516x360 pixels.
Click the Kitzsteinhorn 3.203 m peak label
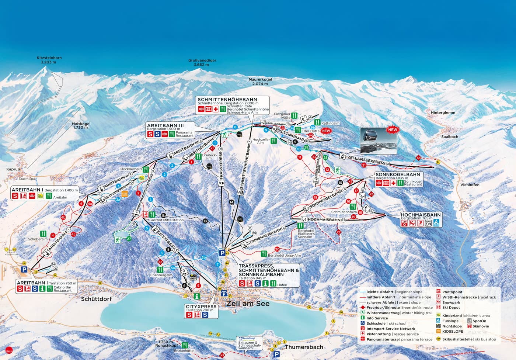[x=49, y=60]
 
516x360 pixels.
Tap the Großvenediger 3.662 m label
[x=202, y=62]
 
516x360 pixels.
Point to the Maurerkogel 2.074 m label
[x=260, y=82]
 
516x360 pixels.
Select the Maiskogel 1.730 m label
[x=81, y=125]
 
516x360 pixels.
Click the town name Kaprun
[x=13, y=169]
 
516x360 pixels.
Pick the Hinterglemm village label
[x=443, y=112]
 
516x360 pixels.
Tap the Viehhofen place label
[x=470, y=185]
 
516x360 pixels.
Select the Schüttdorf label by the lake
[x=96, y=299]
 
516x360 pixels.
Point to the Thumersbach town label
[x=304, y=347]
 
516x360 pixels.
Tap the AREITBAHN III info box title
[x=165, y=126]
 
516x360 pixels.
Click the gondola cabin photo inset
[x=378, y=141]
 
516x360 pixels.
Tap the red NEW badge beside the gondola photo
[x=393, y=130]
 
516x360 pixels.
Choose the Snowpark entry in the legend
[x=451, y=302]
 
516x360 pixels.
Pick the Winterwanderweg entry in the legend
[x=383, y=313]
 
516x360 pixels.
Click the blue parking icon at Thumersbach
[x=276, y=354]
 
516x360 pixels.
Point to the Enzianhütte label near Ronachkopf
[x=184, y=351]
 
